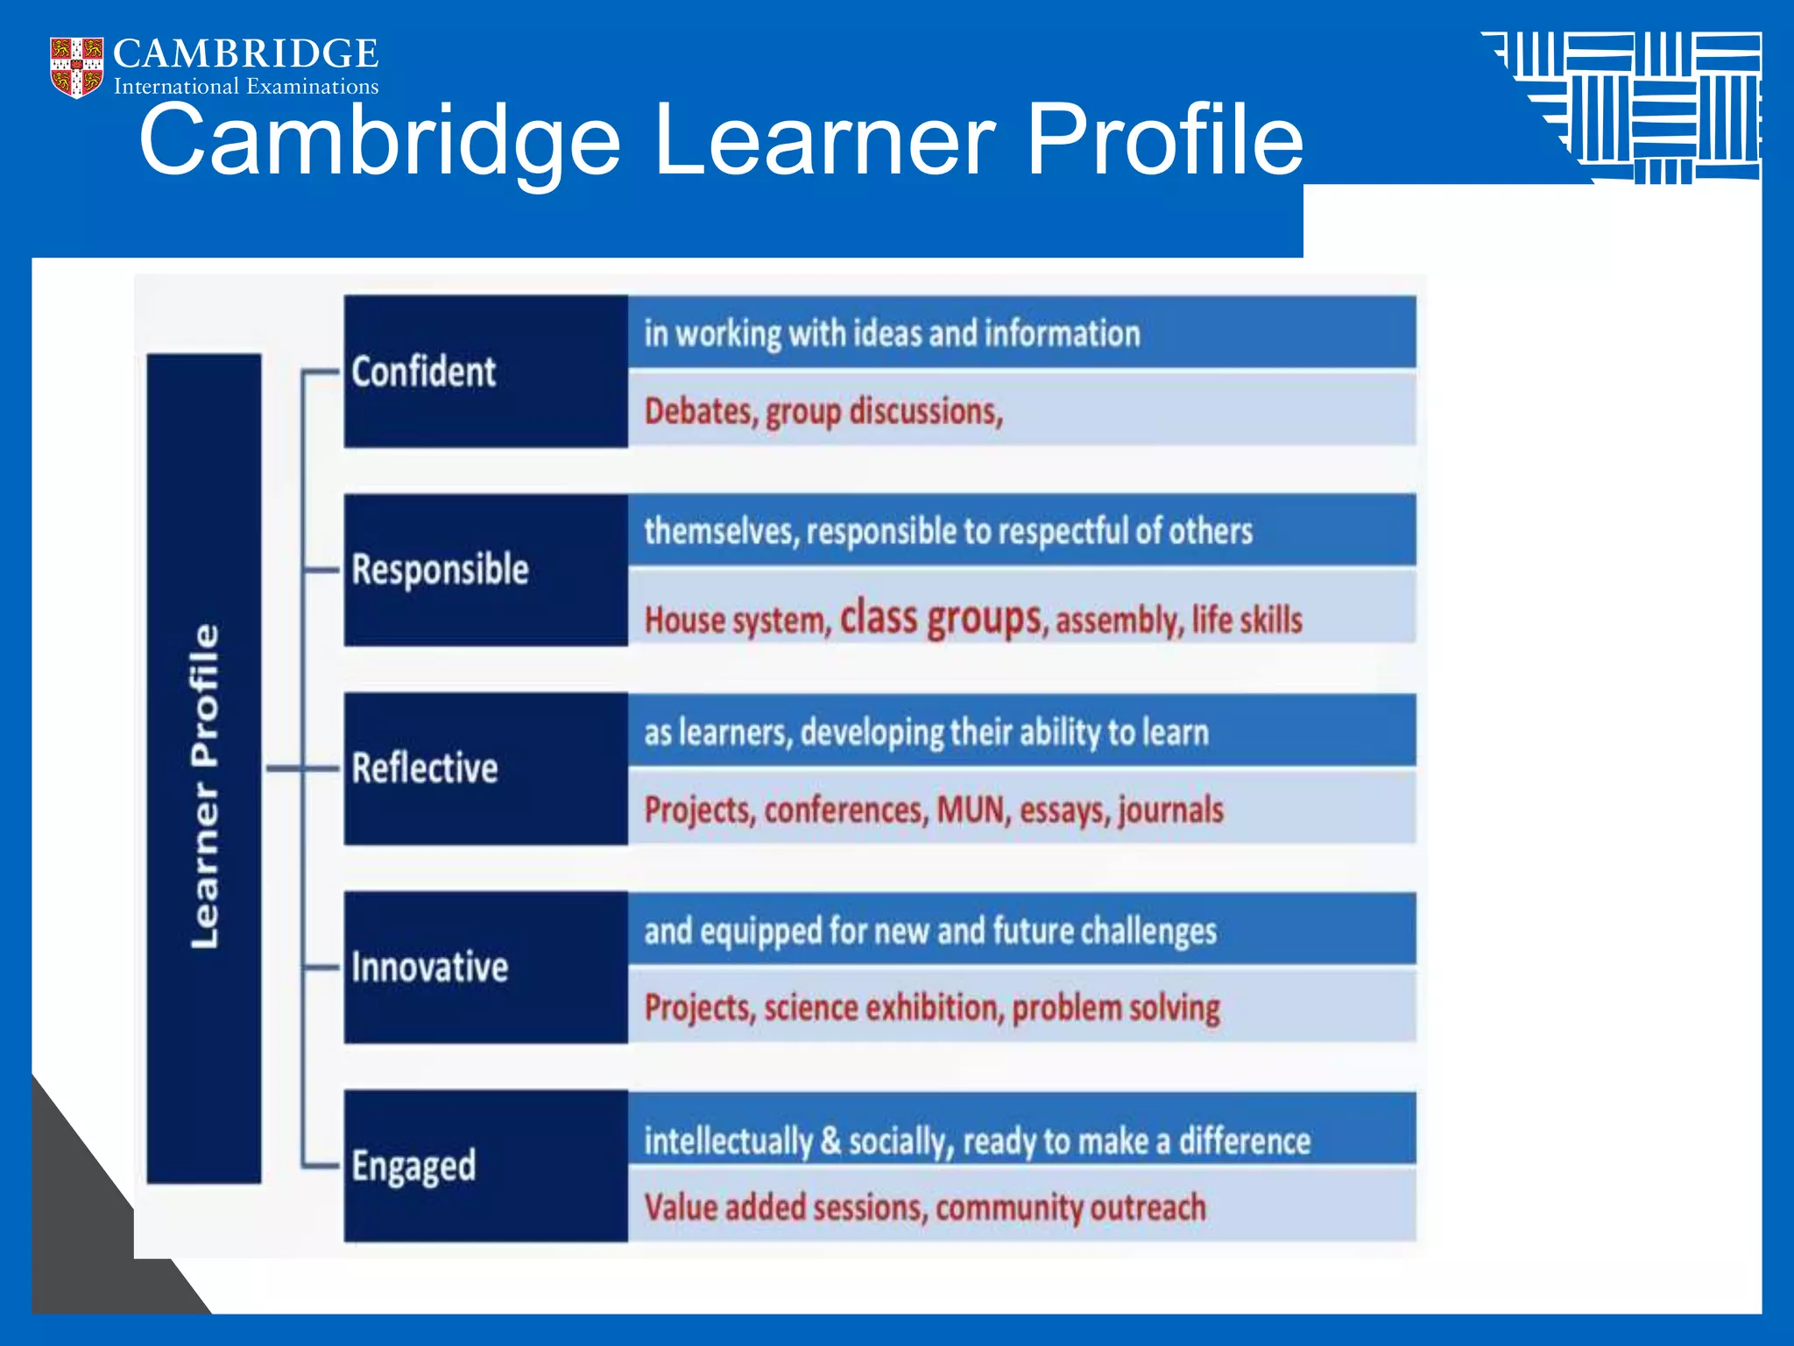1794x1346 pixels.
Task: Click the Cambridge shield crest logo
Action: [x=76, y=67]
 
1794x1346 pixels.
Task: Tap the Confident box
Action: [x=485, y=372]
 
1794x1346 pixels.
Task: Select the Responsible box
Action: [x=485, y=570]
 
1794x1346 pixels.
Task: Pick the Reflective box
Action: [x=485, y=769]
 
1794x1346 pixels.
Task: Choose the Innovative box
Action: [x=485, y=967]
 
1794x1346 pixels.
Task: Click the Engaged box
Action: [x=485, y=1165]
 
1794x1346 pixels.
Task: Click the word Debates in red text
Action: [x=699, y=411]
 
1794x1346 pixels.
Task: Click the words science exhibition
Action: [x=881, y=1008]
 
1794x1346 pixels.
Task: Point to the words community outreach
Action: [x=1070, y=1208]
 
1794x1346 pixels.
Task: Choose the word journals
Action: [x=1170, y=810]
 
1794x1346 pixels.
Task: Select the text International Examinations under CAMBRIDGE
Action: [x=246, y=87]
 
